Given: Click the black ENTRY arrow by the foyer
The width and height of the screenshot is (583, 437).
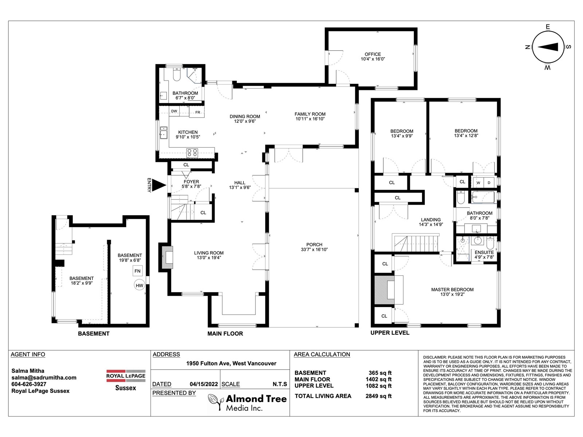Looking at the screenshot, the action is (159, 185).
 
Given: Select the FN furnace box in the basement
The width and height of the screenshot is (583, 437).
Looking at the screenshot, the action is (138, 271).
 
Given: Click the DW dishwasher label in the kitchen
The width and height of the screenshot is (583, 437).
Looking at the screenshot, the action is (174, 111).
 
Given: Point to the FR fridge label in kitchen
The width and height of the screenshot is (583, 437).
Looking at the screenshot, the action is (197, 112).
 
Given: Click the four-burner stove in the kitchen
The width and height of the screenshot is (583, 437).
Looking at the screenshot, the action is (192, 153).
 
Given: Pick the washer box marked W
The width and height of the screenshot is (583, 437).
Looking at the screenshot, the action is (478, 182).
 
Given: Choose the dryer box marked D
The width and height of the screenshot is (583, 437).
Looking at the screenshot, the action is (489, 182).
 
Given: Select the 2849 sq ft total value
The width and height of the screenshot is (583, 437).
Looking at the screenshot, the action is (379, 396).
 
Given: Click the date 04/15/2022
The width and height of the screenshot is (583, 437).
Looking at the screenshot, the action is (204, 384).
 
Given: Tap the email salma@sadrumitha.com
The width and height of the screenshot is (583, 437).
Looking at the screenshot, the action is (44, 377).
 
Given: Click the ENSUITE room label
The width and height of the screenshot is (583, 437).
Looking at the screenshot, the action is (484, 252).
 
